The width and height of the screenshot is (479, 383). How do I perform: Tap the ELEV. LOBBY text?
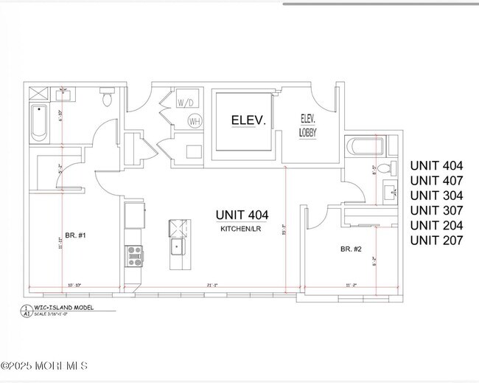[308, 125]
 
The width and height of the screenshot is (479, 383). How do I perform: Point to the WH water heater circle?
[195, 121]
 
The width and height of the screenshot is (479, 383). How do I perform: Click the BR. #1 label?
[75, 235]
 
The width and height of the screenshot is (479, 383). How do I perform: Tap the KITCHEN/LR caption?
[241, 230]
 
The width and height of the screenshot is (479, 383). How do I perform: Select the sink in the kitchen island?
[178, 246]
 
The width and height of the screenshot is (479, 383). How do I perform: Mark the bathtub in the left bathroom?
[39, 123]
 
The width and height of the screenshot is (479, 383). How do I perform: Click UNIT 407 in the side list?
[436, 181]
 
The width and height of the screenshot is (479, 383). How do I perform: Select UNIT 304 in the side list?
[436, 196]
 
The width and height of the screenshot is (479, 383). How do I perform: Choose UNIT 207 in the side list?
[436, 240]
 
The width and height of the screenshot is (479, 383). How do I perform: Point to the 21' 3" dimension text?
[213, 284]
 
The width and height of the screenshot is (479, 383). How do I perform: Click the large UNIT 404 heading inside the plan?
[242, 215]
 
